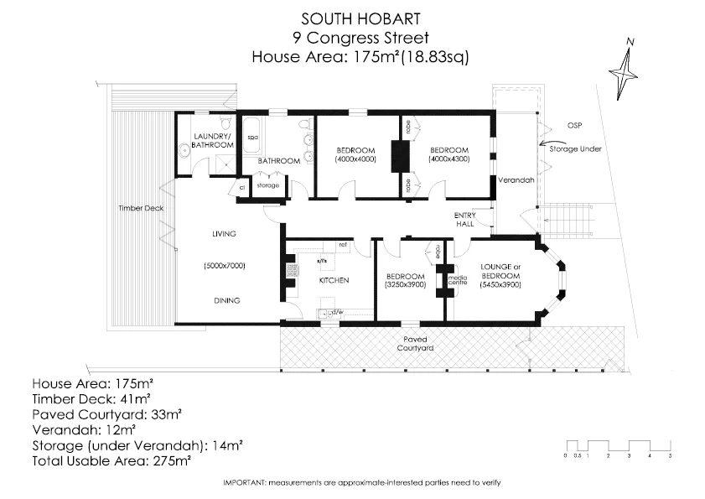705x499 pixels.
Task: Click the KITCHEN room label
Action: click(x=333, y=280)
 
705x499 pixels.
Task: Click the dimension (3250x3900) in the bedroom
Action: click(x=406, y=285)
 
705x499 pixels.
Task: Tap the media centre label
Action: click(x=458, y=279)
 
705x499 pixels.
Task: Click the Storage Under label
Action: click(x=575, y=148)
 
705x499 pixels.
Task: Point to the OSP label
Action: click(x=573, y=125)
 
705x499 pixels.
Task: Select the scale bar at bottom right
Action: click(x=618, y=448)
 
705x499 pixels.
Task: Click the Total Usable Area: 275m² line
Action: click(x=111, y=461)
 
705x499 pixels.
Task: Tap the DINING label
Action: click(x=226, y=300)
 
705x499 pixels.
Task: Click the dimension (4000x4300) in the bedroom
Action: click(x=449, y=159)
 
